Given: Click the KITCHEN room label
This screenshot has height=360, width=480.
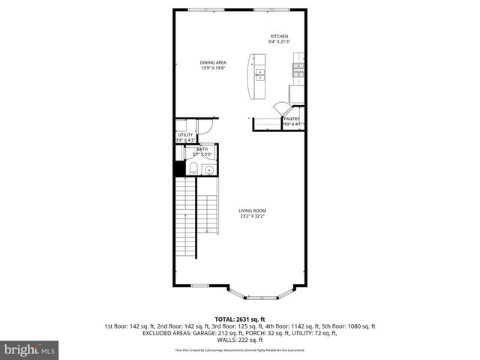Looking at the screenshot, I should tap(280, 36).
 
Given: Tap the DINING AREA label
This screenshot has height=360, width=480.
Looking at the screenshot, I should tap(213, 62).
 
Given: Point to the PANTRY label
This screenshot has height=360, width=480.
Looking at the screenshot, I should tap(292, 118).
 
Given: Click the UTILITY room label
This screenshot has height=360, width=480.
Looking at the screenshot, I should tap(185, 135).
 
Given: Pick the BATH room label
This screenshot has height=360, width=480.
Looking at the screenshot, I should tap(203, 149).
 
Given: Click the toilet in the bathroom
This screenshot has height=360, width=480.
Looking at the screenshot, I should tap(191, 168).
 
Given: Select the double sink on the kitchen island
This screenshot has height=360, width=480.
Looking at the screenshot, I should tap(260, 74).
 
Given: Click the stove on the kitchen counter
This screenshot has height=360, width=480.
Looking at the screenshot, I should tap(298, 70).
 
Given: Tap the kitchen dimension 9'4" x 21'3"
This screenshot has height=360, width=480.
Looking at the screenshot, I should tap(280, 42).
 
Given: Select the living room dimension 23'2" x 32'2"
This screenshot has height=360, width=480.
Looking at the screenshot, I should tap(253, 217).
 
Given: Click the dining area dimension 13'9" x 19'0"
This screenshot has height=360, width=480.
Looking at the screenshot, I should tap(213, 68).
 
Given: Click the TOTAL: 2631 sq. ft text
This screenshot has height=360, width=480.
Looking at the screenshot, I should tap(240, 319).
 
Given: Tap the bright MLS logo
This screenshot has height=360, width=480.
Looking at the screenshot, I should tap(29, 350).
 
